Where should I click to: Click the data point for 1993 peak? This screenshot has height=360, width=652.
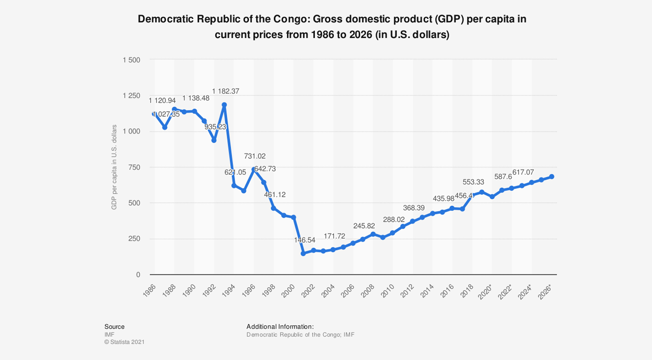224,105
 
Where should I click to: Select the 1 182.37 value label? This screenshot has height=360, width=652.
226,91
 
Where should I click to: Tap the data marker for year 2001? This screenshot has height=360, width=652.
303,254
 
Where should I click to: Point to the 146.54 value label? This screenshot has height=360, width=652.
304,240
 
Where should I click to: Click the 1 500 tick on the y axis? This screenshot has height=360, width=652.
132,60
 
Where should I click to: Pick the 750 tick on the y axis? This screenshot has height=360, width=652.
135,167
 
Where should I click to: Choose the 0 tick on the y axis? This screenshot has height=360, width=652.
138,275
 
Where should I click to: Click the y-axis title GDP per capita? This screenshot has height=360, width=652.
114,167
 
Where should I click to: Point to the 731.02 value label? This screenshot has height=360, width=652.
255,156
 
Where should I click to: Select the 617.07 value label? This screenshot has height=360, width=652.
523,172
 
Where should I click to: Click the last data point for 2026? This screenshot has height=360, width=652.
552,177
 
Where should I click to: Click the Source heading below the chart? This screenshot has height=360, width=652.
114,326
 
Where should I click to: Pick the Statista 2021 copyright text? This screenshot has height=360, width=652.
124,342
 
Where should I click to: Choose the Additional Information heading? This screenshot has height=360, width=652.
280,326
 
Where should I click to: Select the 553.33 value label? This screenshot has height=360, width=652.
473,182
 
